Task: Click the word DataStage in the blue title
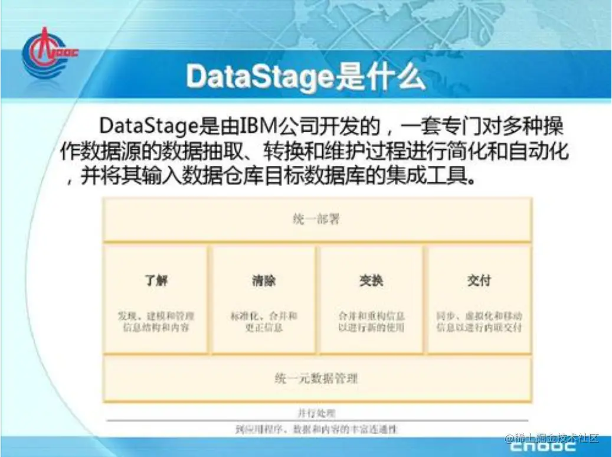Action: point(260,77)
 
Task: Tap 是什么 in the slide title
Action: point(380,77)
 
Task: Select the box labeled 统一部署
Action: point(316,220)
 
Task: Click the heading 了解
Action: point(156,280)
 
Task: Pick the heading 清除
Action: point(264,280)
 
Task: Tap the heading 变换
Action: point(371,280)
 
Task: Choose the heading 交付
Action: point(479,280)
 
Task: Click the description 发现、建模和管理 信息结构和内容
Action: point(156,322)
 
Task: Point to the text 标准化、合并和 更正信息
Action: point(264,322)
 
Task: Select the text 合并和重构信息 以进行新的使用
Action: point(371,322)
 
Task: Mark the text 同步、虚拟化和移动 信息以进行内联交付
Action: point(479,322)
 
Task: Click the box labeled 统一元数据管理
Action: point(316,378)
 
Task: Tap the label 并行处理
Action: point(316,413)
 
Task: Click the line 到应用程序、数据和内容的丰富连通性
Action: point(316,429)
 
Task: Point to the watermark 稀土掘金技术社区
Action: point(551,438)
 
